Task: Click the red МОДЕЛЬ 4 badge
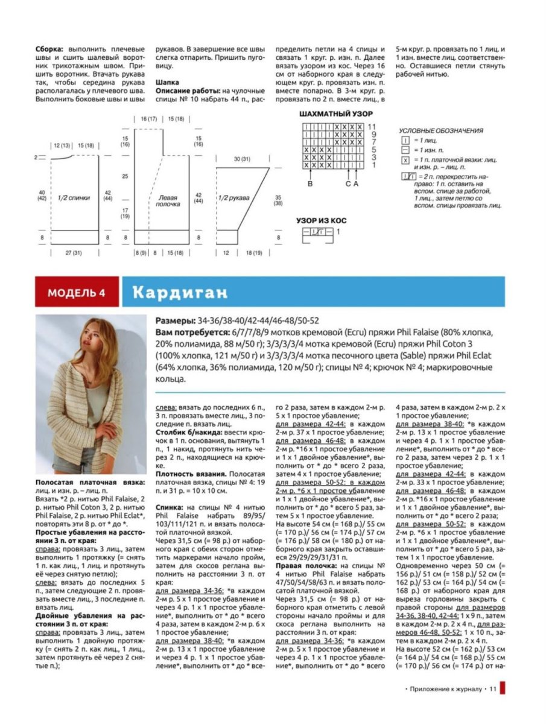click(77, 293)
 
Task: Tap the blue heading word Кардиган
click(181, 293)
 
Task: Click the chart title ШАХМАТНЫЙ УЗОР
click(336, 113)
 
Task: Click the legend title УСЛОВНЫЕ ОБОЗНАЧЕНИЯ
click(442, 130)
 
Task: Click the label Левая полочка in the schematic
click(168, 200)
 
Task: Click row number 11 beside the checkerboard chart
click(372, 127)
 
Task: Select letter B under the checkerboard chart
click(310, 183)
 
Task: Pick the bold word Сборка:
click(51, 48)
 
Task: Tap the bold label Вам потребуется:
click(192, 332)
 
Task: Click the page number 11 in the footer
click(492, 688)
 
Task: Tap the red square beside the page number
click(503, 688)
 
